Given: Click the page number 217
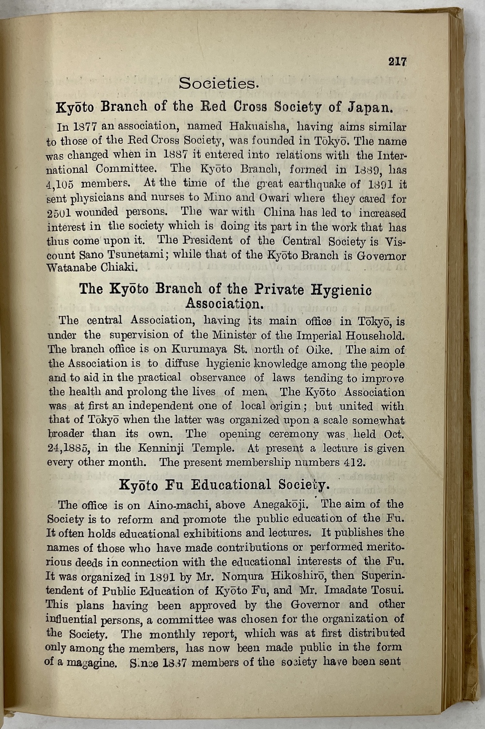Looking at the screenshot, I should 397,62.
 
